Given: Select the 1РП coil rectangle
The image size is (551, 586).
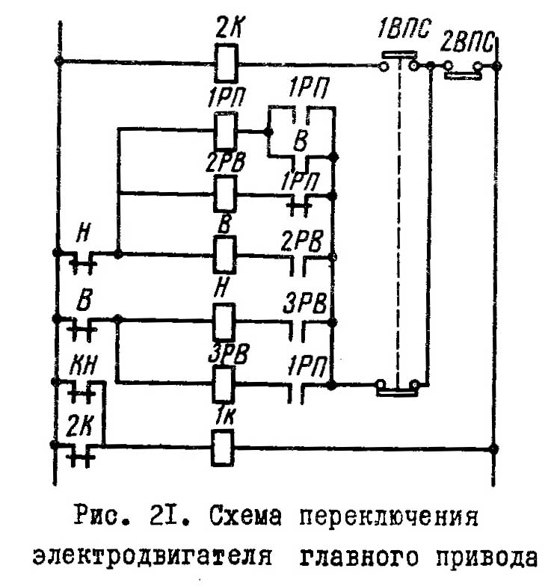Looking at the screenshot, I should pos(225,131).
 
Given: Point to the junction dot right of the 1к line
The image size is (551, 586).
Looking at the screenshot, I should pos(493,448).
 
